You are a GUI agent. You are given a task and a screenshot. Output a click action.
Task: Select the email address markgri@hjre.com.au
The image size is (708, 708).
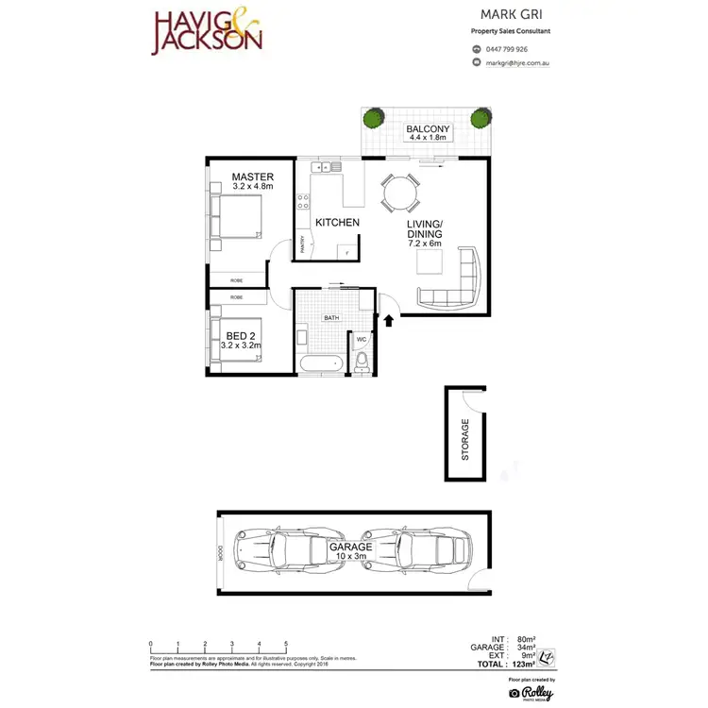click(517, 63)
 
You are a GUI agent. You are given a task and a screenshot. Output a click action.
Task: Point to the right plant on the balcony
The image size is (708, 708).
click(481, 118)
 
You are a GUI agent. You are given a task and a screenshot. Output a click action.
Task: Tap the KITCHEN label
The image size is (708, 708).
click(336, 223)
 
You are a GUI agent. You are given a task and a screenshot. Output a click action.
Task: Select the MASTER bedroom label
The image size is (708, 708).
click(252, 177)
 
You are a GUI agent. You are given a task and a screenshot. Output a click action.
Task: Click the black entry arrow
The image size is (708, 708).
click(387, 321)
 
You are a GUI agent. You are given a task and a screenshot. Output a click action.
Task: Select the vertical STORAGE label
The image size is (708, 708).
click(464, 439)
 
